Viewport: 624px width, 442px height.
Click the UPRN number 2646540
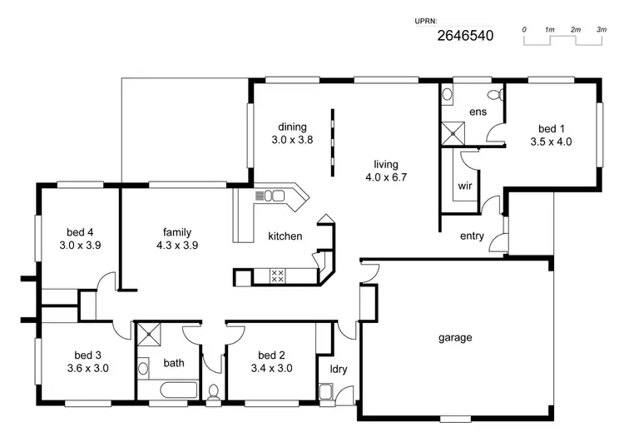tap(465, 36)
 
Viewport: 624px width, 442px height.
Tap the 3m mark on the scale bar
tap(601, 30)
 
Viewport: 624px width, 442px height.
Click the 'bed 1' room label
tap(551, 128)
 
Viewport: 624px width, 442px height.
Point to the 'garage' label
tap(455, 337)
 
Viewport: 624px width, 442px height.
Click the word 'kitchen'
tap(285, 236)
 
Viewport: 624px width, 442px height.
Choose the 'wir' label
tap(465, 186)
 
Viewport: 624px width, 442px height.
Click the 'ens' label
tap(478, 112)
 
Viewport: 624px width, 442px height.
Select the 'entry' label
tap(472, 236)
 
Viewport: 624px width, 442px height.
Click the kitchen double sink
tap(273, 196)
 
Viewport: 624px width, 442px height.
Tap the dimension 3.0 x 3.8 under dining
tap(292, 140)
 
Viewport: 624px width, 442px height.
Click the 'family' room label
tap(178, 232)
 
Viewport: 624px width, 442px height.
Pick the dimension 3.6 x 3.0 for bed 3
tap(88, 367)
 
